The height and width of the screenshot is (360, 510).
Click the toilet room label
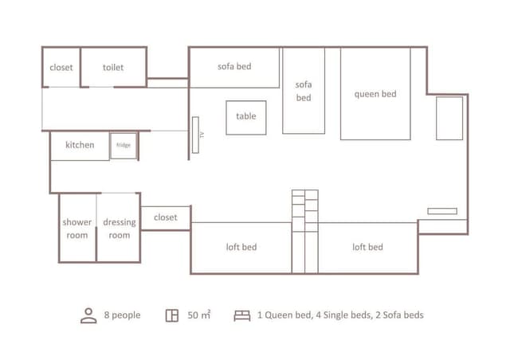pyautogui.click(x=113, y=68)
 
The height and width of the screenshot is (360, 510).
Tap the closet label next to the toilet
pyautogui.click(x=61, y=68)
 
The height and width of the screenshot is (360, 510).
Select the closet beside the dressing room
pyautogui.click(x=166, y=218)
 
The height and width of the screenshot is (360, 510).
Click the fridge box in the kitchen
pyautogui.click(x=124, y=146)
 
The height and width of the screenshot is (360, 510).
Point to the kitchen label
pyautogui.click(x=80, y=145)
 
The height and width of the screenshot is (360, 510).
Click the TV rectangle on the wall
pyautogui.click(x=195, y=135)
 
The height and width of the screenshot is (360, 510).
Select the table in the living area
pyautogui.click(x=246, y=118)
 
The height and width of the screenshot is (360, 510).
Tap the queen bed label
pyautogui.click(x=375, y=94)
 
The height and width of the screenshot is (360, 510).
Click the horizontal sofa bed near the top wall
pyautogui.click(x=234, y=68)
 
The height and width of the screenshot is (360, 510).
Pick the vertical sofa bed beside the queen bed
pyautogui.click(x=304, y=91)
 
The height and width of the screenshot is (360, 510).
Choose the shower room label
pyautogui.click(x=77, y=229)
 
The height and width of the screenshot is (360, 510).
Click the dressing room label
pyautogui.click(x=120, y=229)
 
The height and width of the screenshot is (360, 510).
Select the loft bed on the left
pyautogui.click(x=241, y=248)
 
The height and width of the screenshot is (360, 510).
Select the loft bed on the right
pyautogui.click(x=367, y=248)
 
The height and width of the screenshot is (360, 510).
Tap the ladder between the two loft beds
pyautogui.click(x=305, y=232)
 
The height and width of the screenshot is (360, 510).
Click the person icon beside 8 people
pyautogui.click(x=88, y=315)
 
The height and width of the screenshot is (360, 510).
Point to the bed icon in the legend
pyautogui.click(x=242, y=315)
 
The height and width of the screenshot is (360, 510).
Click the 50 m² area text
pyautogui.click(x=198, y=315)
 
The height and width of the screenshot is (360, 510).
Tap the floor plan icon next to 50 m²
pyautogui.click(x=172, y=315)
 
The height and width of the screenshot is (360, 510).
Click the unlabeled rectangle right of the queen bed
pyautogui.click(x=449, y=119)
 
